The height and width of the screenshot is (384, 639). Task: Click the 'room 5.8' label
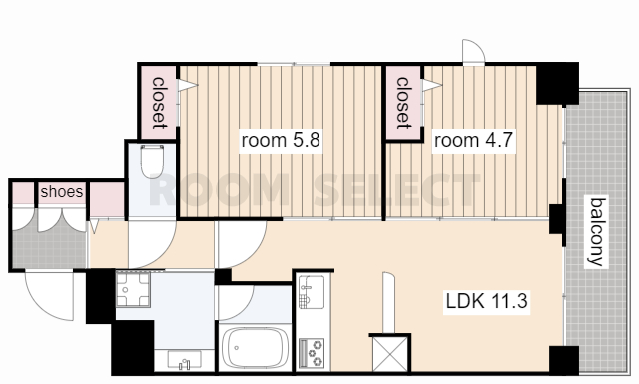[281, 140]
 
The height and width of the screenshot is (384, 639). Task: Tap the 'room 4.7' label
[473, 140]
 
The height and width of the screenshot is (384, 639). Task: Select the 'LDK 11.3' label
[486, 301]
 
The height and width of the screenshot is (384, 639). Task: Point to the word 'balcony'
[597, 231]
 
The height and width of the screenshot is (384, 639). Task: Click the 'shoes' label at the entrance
[62, 191]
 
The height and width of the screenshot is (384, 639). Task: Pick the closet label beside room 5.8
[159, 102]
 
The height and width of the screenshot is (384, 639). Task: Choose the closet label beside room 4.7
[403, 102]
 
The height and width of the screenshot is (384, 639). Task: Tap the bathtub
[254, 348]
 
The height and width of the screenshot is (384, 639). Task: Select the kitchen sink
[312, 291]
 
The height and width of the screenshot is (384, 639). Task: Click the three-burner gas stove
[312, 352]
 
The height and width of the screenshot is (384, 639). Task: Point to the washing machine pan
[133, 290]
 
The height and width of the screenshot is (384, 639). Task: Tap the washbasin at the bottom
[184, 360]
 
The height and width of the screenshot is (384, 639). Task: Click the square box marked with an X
[390, 353]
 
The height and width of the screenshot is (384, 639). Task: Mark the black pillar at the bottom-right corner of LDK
[563, 360]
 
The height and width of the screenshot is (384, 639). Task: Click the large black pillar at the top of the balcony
[557, 84]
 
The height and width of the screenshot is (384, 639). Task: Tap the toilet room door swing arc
[167, 253]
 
